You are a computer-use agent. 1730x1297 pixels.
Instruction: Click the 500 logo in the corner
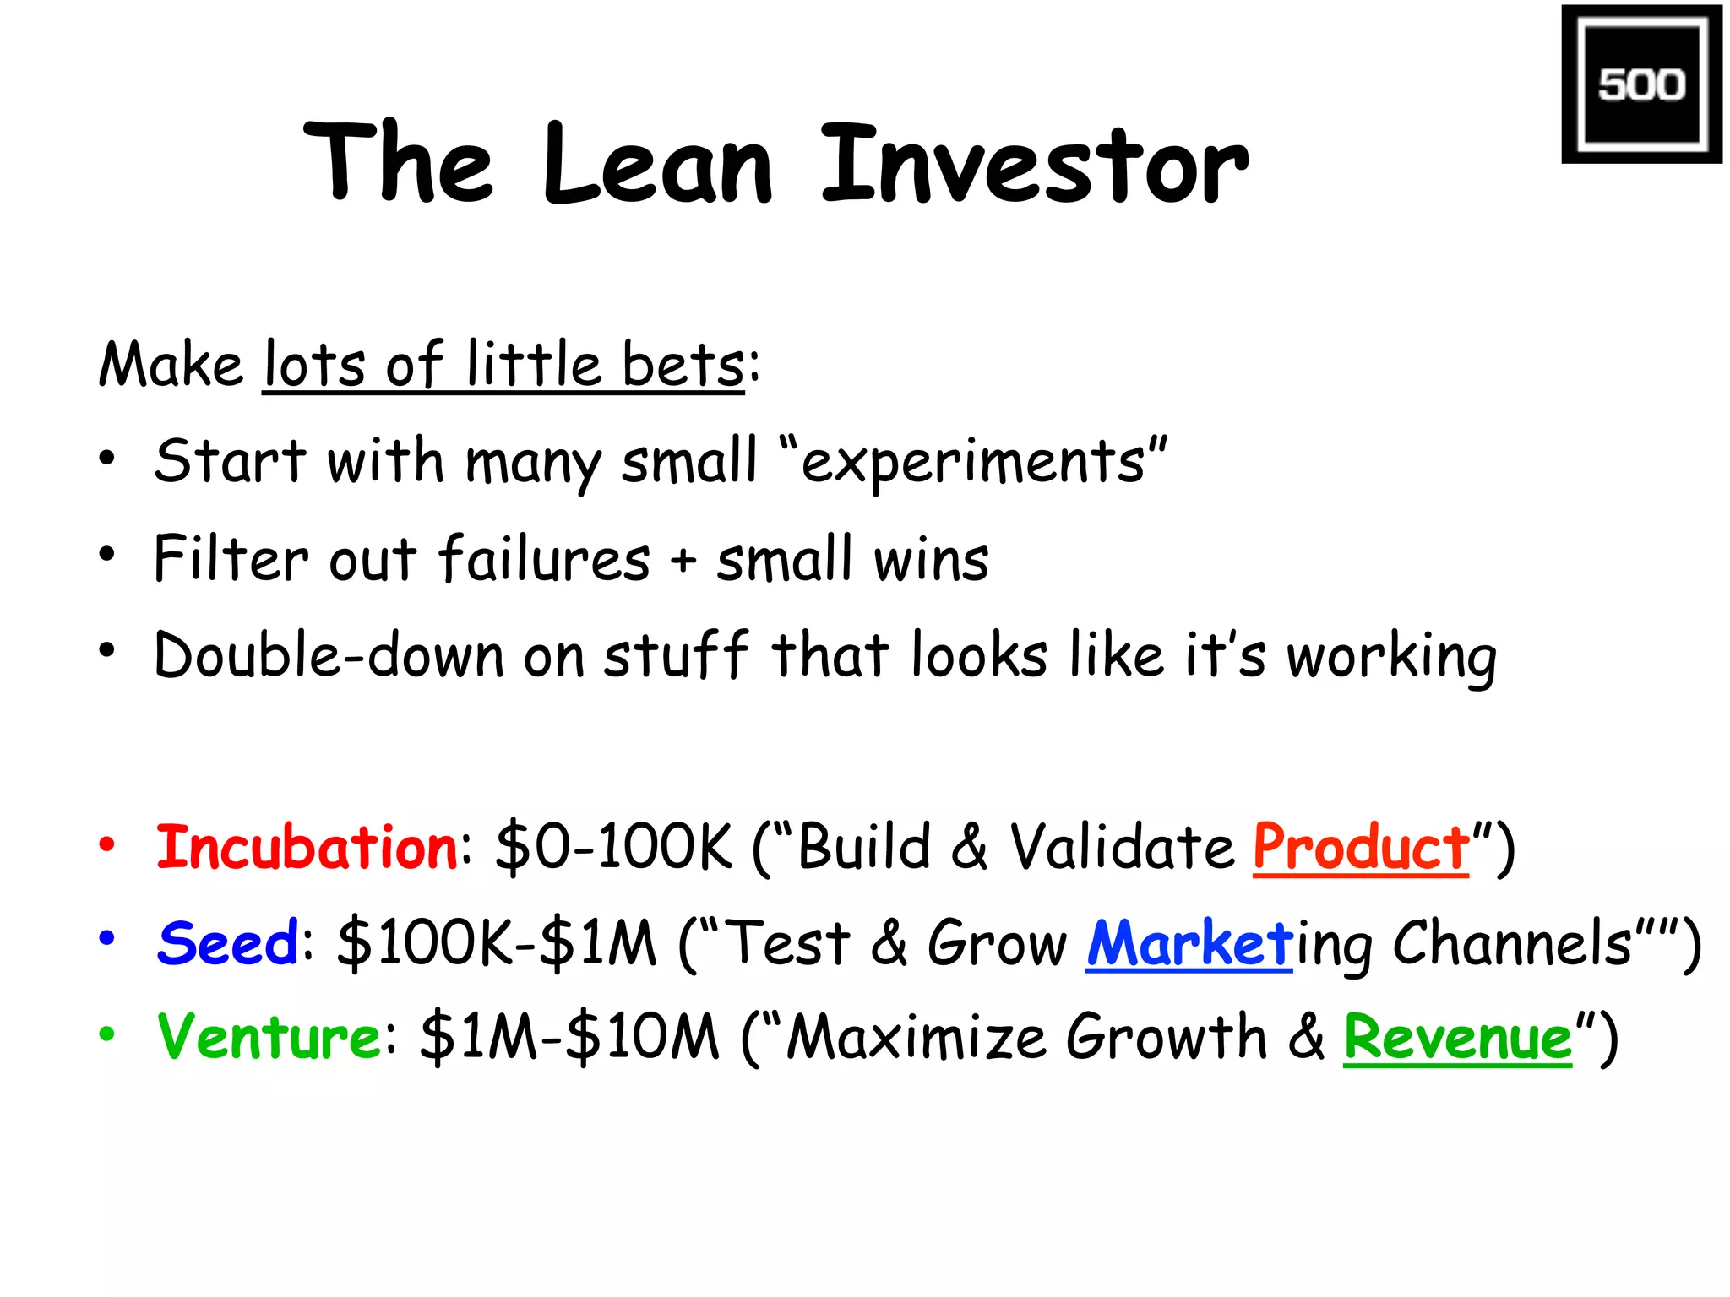pos(1640,84)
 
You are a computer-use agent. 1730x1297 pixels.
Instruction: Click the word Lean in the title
pos(657,165)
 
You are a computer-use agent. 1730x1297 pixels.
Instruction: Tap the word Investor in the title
pos(1034,165)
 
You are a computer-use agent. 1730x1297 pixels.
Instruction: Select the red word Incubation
pos(307,847)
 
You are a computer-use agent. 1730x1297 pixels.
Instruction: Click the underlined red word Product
pos(1361,847)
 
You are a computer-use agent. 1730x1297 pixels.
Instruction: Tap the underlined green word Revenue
pos(1457,1037)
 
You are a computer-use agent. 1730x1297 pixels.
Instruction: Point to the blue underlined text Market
pos(1189,942)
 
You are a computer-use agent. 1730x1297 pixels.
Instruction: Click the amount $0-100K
pos(613,847)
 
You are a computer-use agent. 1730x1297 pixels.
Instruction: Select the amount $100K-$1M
pos(497,942)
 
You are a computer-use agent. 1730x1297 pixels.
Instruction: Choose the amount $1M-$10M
pos(569,1037)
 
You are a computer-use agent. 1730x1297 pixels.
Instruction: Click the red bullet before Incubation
pos(106,844)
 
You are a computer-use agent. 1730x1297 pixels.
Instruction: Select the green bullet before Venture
pos(106,1034)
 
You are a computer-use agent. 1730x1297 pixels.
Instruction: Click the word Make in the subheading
pos(171,365)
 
